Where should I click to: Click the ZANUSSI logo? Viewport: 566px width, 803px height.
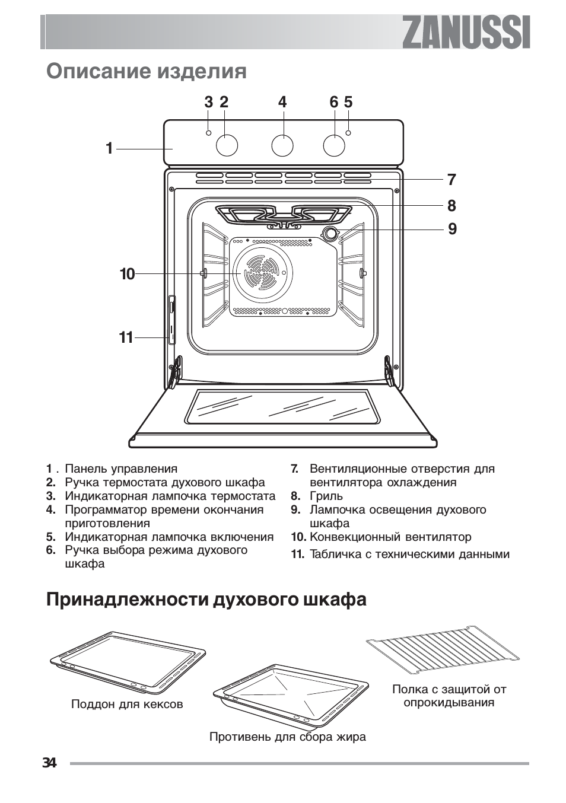466,32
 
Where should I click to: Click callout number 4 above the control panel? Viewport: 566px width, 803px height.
282,103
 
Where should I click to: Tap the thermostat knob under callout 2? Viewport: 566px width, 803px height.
227,145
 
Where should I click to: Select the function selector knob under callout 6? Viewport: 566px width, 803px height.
335,145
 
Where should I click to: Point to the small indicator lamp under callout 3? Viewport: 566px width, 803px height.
208,132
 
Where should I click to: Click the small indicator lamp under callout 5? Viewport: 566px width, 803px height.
348,132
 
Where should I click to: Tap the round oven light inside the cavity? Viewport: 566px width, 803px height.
329,233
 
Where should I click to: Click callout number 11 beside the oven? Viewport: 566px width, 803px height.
126,338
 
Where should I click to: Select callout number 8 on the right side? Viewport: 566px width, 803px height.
452,206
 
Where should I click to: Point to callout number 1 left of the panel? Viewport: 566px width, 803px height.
109,148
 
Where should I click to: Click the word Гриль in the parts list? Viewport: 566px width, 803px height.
326,496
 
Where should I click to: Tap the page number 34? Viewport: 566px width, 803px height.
49,763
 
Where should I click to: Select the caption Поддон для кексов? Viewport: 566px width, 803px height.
127,705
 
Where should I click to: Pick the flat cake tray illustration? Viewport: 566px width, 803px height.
128,663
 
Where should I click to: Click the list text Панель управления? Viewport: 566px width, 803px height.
121,469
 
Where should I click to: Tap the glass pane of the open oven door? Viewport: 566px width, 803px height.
282,406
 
